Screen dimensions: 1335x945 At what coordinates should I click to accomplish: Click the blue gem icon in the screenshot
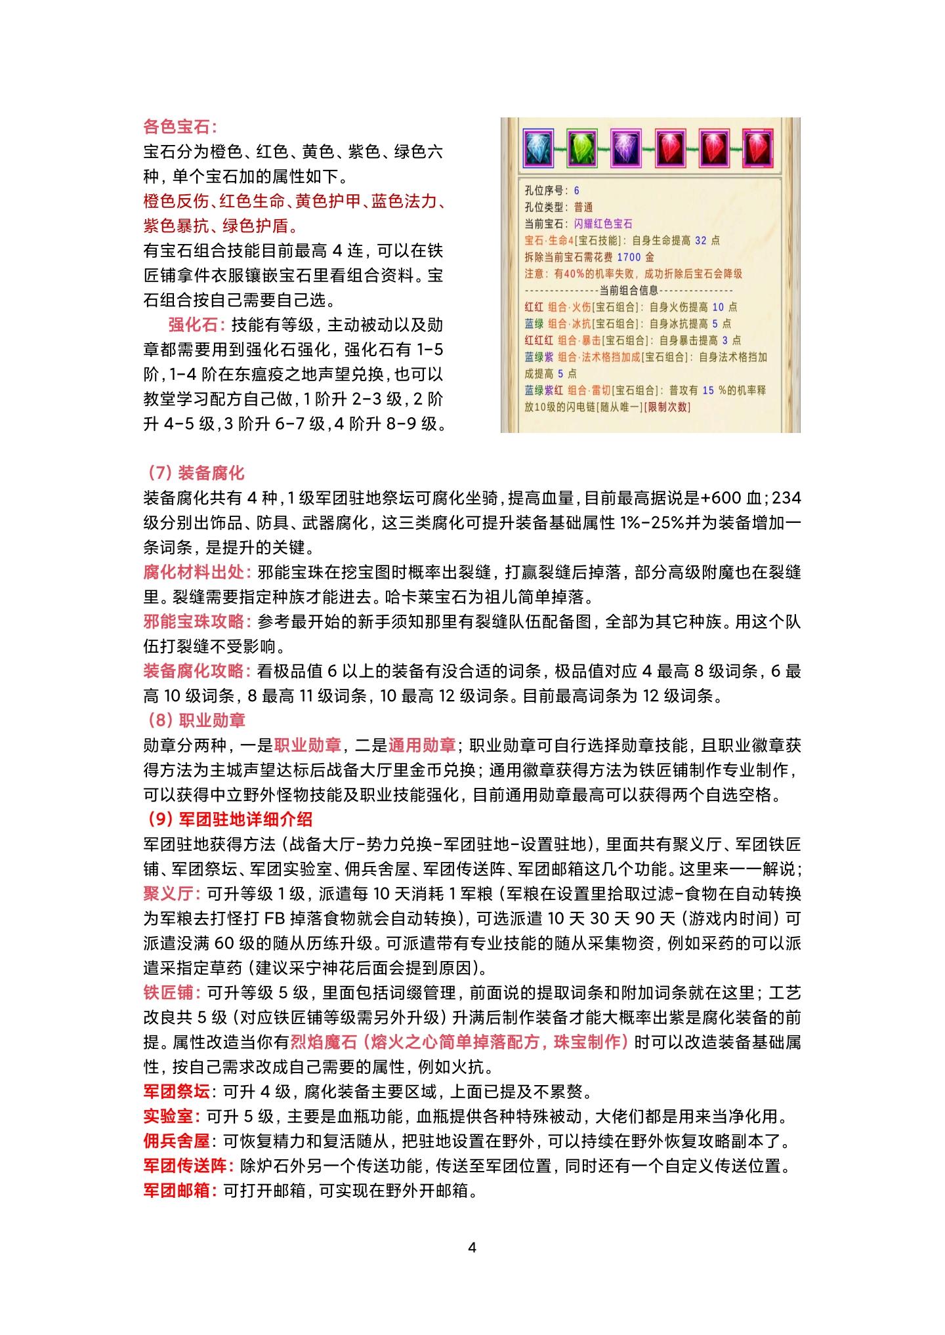(x=539, y=148)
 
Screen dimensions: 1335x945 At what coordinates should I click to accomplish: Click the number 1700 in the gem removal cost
(x=629, y=257)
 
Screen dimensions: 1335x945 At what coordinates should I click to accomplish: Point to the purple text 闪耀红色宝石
(x=603, y=224)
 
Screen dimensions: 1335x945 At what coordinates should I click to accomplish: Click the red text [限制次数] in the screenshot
(x=667, y=407)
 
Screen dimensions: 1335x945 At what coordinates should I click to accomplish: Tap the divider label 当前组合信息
(x=629, y=291)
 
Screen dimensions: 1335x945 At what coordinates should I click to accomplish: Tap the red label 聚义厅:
(x=172, y=894)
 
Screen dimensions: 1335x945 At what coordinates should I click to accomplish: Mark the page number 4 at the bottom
(x=472, y=1247)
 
